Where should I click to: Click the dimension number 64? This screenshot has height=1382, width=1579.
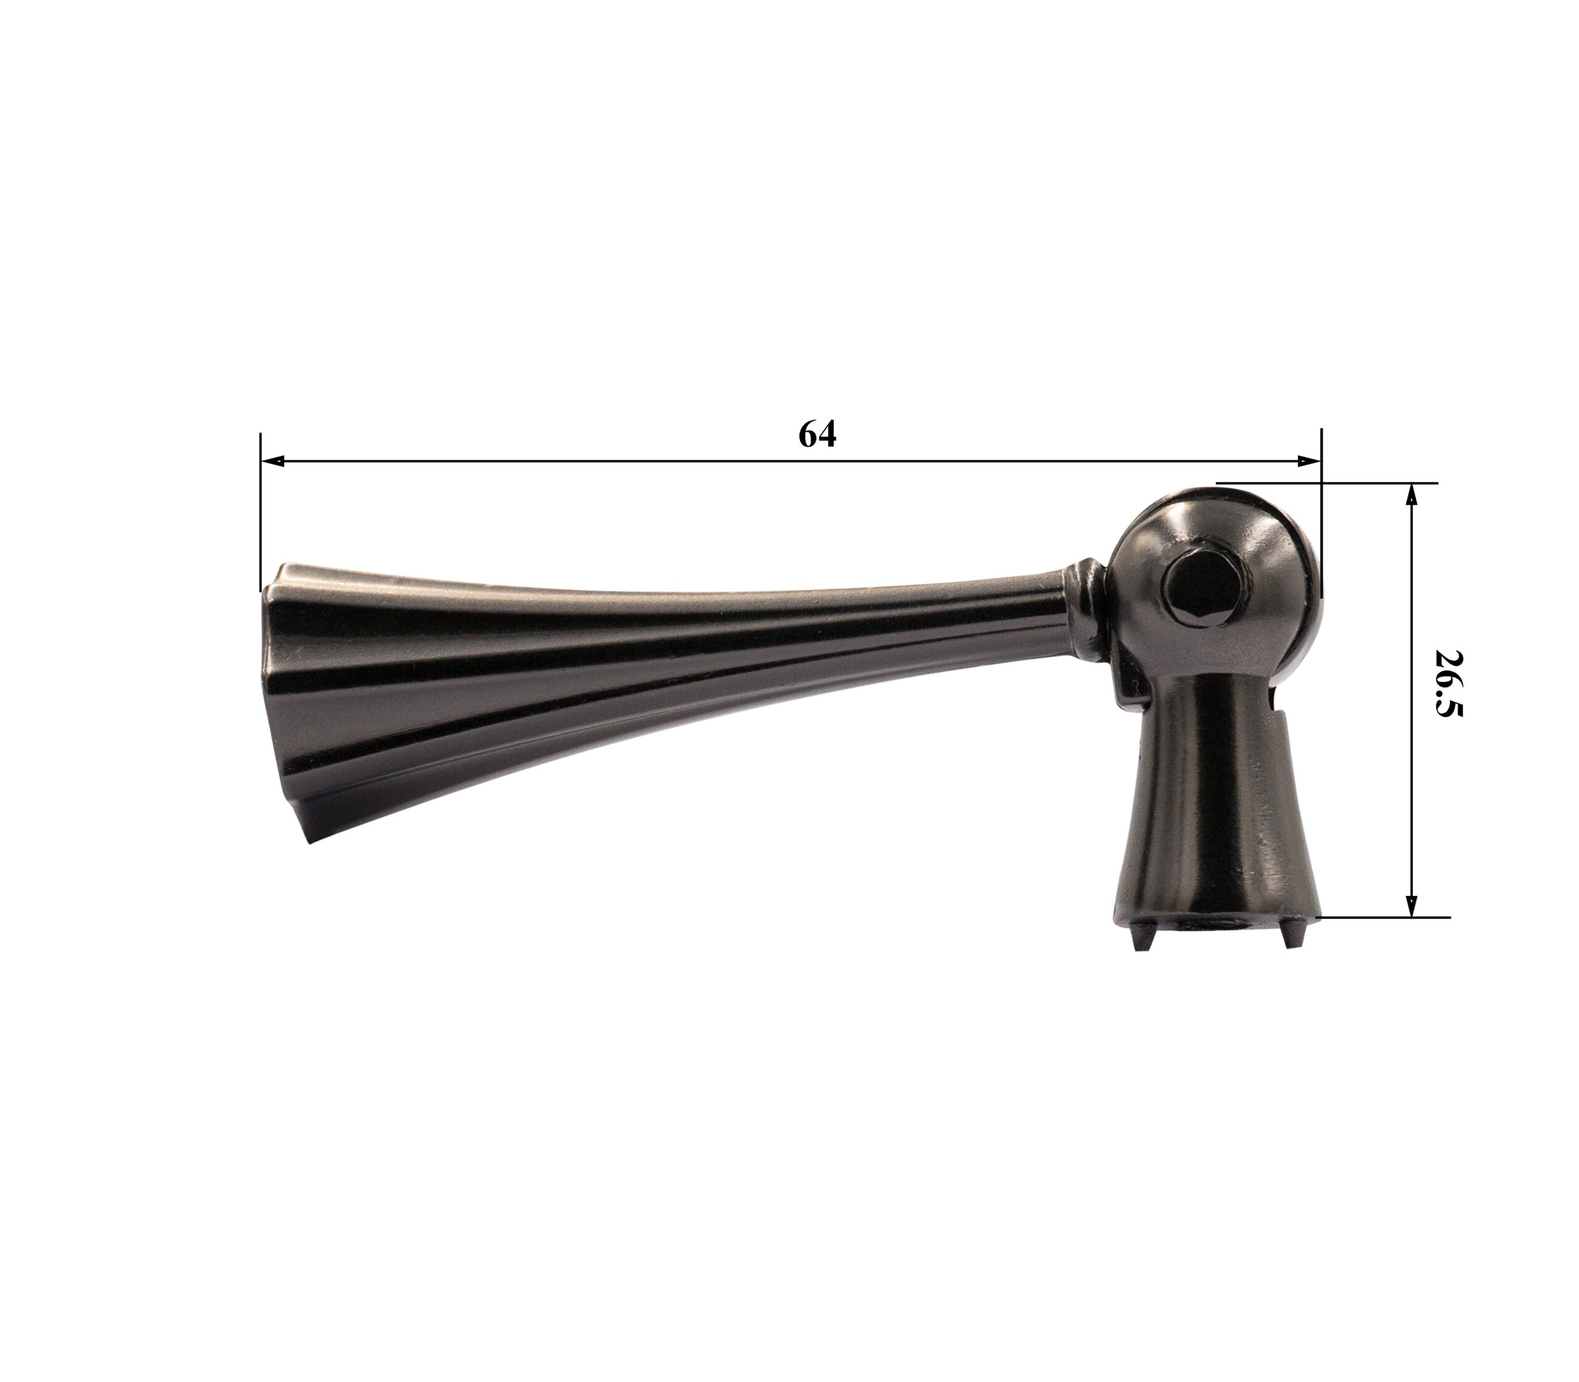pos(817,435)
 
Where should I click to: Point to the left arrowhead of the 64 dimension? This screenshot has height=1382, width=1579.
pos(273,461)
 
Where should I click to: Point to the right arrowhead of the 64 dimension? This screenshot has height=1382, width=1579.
pos(1308,461)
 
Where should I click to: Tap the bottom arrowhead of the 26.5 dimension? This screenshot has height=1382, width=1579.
pos(1412,906)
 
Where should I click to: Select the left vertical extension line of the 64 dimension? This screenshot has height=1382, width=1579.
pos(260,511)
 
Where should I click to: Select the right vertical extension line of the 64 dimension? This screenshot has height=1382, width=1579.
pos(1321,513)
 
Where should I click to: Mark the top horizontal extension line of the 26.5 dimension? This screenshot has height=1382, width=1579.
pos(1327,484)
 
